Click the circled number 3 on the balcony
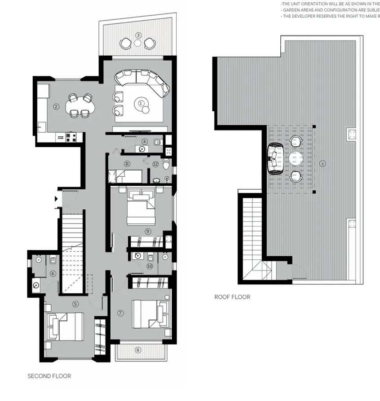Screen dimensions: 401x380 point(138,35)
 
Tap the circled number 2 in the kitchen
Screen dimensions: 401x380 point(56,107)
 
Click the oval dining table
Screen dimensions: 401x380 point(81,106)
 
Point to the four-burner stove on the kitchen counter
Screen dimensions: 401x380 point(71,137)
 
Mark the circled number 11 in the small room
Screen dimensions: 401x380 point(127,164)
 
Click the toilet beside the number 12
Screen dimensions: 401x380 point(166,165)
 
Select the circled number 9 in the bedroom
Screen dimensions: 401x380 point(148,231)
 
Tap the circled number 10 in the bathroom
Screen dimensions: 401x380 point(150,266)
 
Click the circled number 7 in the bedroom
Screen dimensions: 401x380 point(120,313)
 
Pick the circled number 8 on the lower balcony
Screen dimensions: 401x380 point(138,350)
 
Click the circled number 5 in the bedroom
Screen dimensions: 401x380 point(75,304)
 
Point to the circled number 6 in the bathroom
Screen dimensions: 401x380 point(53,274)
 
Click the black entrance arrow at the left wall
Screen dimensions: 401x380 point(56,199)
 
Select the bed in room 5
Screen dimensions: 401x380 point(66,327)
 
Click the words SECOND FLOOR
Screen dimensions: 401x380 point(49,376)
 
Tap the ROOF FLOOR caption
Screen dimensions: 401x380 point(232,297)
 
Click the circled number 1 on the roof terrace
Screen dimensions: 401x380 point(322,164)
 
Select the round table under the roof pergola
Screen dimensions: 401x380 point(296,159)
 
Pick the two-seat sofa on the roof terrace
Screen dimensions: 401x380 point(275,159)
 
